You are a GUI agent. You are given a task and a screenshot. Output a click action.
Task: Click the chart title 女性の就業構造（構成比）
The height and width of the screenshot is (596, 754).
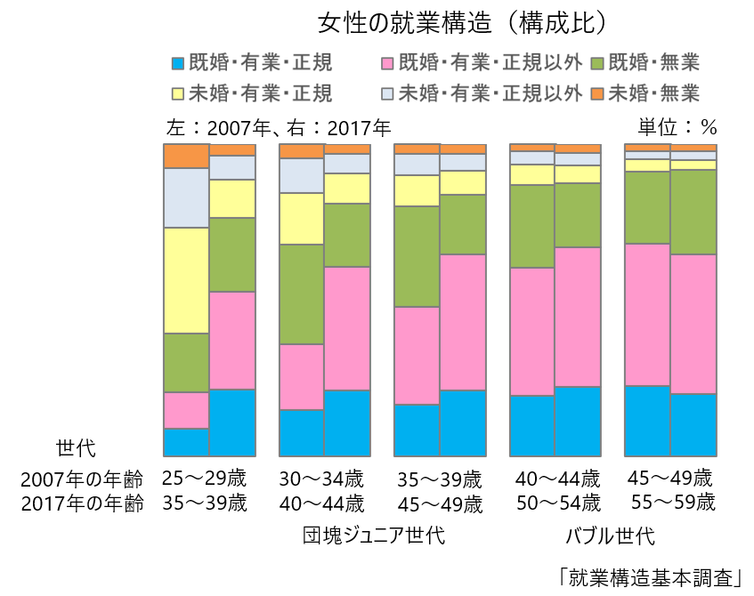tap(464, 22)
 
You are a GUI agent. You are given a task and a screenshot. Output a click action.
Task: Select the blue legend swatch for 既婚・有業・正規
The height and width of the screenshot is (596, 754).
tap(178, 63)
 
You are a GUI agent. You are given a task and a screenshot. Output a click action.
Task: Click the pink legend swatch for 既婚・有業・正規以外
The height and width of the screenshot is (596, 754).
tap(387, 63)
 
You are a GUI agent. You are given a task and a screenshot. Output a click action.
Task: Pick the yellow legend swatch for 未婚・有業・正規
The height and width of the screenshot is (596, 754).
tap(178, 93)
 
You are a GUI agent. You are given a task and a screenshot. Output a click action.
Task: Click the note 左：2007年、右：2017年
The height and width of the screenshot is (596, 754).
tap(279, 128)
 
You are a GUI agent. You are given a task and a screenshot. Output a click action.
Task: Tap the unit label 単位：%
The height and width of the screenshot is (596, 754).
tap(677, 128)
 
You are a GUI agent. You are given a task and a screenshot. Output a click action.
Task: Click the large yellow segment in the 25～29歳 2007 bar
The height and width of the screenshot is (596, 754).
tap(186, 280)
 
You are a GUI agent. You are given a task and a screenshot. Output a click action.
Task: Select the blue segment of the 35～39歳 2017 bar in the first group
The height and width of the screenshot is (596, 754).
tap(232, 423)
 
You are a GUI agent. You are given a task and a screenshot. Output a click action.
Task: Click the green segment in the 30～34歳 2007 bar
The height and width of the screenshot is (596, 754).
tap(302, 294)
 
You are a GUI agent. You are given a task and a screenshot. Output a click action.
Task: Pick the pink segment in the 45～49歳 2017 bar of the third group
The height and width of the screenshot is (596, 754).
tap(463, 322)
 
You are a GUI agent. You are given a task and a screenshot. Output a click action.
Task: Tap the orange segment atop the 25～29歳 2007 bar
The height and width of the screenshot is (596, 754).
tap(186, 156)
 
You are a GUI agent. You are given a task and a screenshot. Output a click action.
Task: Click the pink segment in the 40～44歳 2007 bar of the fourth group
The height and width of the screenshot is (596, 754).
tap(531, 331)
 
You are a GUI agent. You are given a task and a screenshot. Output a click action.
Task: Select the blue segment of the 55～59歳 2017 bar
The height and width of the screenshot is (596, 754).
tap(693, 424)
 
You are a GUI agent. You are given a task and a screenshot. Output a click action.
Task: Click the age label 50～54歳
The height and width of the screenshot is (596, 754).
tap(557, 503)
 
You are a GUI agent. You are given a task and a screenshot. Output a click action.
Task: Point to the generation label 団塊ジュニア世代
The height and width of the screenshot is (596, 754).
tap(374, 536)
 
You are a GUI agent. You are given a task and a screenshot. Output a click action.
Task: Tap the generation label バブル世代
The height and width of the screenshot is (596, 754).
tap(610, 536)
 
